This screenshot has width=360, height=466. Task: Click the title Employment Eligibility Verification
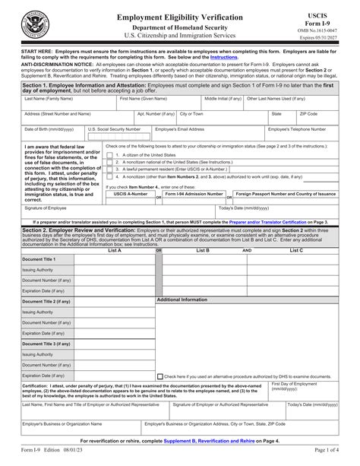tap(180, 16)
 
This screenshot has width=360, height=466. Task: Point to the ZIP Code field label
tap(308, 113)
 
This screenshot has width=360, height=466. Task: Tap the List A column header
tap(115, 249)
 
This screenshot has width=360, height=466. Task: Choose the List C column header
tap(296, 249)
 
